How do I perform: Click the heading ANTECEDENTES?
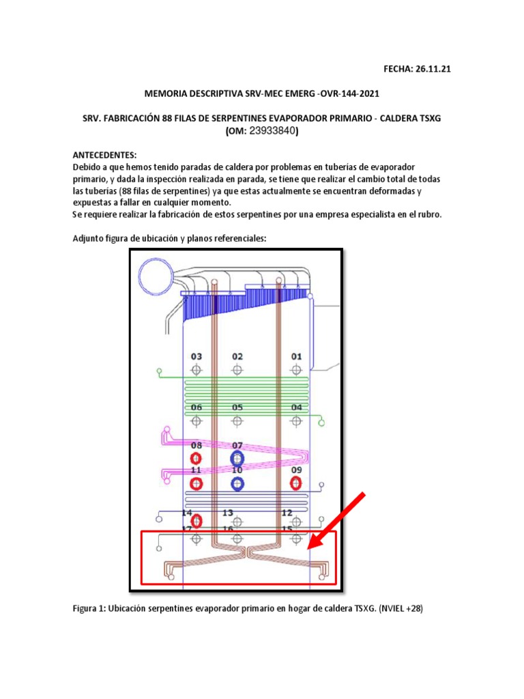(x=105, y=155)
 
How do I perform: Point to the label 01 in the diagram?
(x=296, y=356)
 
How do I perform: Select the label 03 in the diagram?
(x=196, y=356)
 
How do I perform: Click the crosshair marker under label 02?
(x=237, y=369)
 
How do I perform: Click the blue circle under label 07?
(x=237, y=458)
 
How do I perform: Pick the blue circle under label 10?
(x=237, y=484)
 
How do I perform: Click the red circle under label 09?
(x=296, y=483)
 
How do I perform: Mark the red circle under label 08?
(x=196, y=458)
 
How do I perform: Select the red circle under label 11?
(x=196, y=484)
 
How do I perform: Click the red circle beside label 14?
(x=196, y=522)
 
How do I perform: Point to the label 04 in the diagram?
(x=296, y=408)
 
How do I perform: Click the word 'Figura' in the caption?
(x=89, y=609)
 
